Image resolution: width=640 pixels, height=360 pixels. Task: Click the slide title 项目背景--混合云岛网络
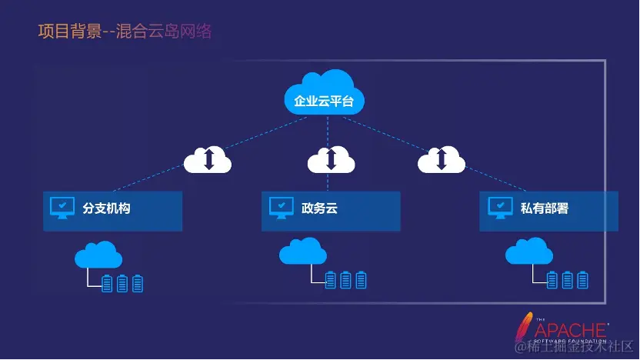(125, 32)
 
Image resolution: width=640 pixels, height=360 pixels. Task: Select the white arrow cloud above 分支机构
(208, 159)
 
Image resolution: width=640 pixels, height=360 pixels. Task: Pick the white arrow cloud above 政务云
(332, 159)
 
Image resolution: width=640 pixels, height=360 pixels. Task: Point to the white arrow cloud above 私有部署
(442, 159)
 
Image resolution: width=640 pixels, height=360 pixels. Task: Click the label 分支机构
(106, 208)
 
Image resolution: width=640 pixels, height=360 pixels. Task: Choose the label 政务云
(319, 208)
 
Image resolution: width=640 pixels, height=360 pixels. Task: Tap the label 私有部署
(544, 208)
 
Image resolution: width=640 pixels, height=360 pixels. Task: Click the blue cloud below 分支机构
(98, 254)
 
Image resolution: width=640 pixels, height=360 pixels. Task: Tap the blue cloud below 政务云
(302, 252)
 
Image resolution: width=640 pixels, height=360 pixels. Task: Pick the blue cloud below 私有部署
(529, 252)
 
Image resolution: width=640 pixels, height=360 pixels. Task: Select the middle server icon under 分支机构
(122, 284)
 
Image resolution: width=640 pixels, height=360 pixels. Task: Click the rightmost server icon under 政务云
(361, 280)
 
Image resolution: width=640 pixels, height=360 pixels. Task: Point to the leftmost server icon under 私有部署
(552, 280)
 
